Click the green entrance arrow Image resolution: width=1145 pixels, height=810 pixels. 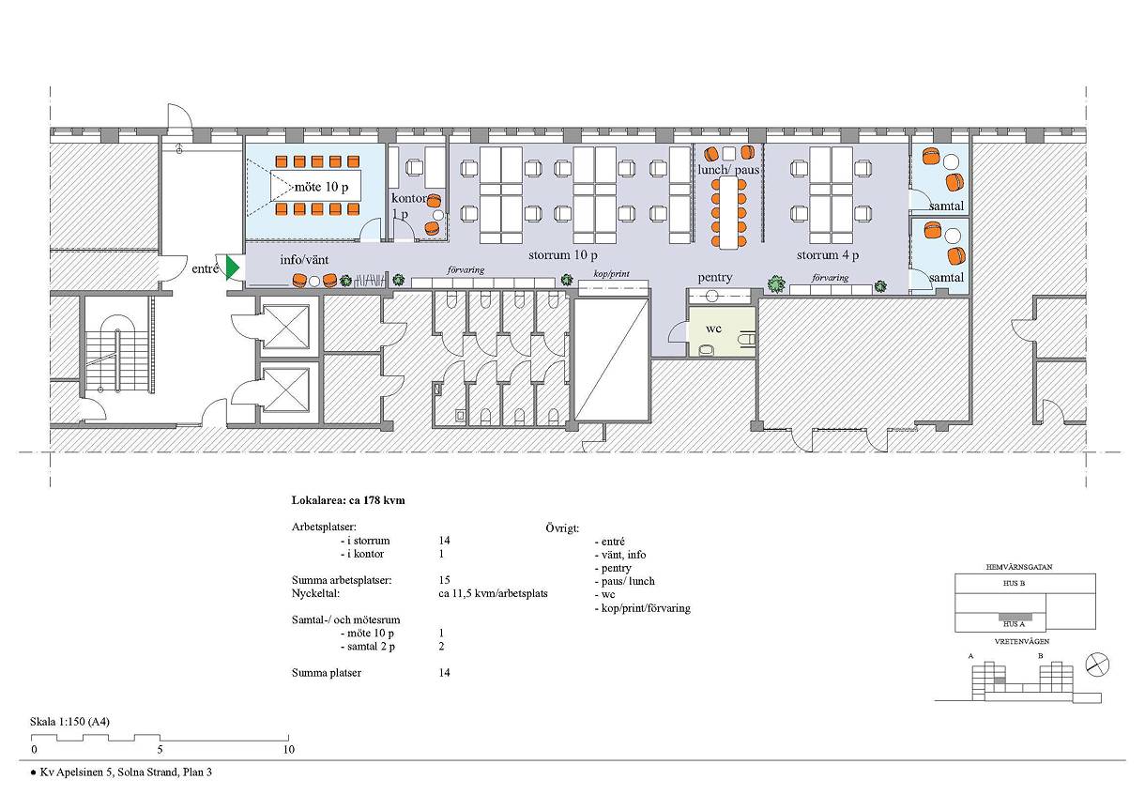point(232,267)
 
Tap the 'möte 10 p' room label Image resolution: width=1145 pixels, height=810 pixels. point(322,187)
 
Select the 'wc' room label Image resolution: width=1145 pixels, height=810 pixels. point(713,329)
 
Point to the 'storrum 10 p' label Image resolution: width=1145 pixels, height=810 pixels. point(563,254)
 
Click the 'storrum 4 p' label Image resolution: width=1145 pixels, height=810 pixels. point(828,254)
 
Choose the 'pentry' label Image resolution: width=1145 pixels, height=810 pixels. point(715,278)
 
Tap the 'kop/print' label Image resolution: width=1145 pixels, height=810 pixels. point(611,274)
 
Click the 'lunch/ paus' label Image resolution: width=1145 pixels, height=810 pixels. point(728,170)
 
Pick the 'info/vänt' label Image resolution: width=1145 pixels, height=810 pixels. point(304,260)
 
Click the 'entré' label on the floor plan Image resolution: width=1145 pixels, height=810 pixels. point(205,268)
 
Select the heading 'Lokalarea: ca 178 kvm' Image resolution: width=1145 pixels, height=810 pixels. point(348,500)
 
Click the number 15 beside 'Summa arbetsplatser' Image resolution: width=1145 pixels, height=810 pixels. point(444,580)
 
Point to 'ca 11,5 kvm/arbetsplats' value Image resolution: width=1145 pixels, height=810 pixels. point(493,594)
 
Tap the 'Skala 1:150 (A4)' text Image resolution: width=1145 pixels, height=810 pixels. point(69,722)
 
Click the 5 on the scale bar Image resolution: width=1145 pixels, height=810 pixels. point(160,750)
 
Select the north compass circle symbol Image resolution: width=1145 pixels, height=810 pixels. point(1097,665)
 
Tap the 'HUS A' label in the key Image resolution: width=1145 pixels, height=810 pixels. point(1015,624)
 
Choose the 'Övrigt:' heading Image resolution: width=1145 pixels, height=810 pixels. point(562,528)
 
